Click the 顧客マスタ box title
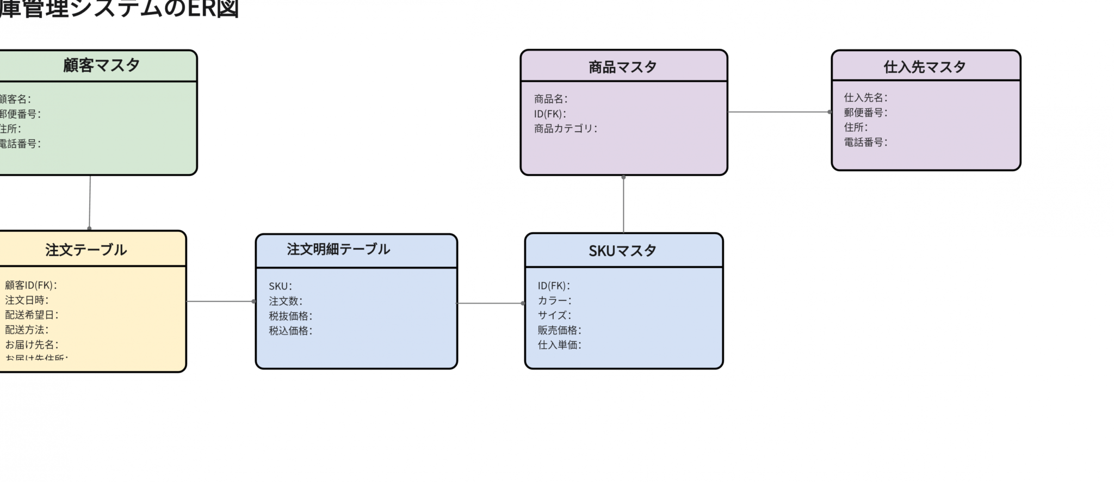tap(102, 65)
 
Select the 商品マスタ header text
tap(623, 67)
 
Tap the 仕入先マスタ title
tap(925, 67)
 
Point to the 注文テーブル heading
tap(86, 250)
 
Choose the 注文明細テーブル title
tap(338, 249)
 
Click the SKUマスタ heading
tap(623, 251)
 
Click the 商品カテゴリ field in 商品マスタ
tap(565, 128)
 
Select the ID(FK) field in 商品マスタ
tap(550, 114)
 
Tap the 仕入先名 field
tap(865, 97)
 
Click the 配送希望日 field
tap(32, 314)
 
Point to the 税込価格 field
tap(290, 330)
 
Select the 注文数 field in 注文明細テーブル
tap(285, 301)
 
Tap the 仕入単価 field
tap(559, 344)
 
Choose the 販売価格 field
tap(559, 330)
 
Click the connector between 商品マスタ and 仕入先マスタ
tap(779, 112)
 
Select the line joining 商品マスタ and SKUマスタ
tap(623, 204)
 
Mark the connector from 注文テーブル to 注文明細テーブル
tap(220, 301)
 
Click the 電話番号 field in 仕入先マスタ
tap(865, 142)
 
